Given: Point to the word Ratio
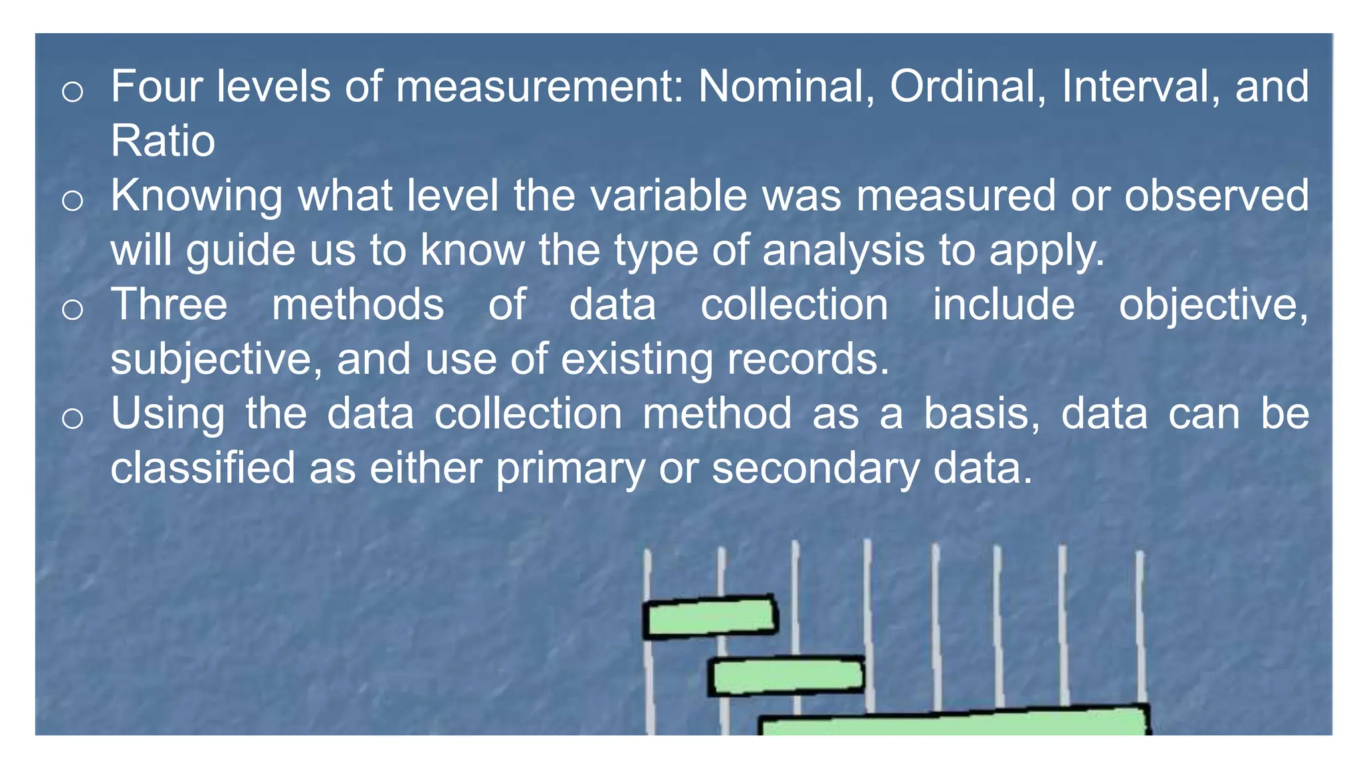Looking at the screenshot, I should (163, 141).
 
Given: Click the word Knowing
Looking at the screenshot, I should (196, 197).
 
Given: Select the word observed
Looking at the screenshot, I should (1216, 195).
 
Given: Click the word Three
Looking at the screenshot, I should (169, 305).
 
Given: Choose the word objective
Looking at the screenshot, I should (1213, 306).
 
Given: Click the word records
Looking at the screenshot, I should (807, 359).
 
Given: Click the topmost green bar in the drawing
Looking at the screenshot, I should (710, 617).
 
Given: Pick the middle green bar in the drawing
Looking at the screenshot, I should (786, 676).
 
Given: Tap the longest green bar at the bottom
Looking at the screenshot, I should (954, 723).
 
